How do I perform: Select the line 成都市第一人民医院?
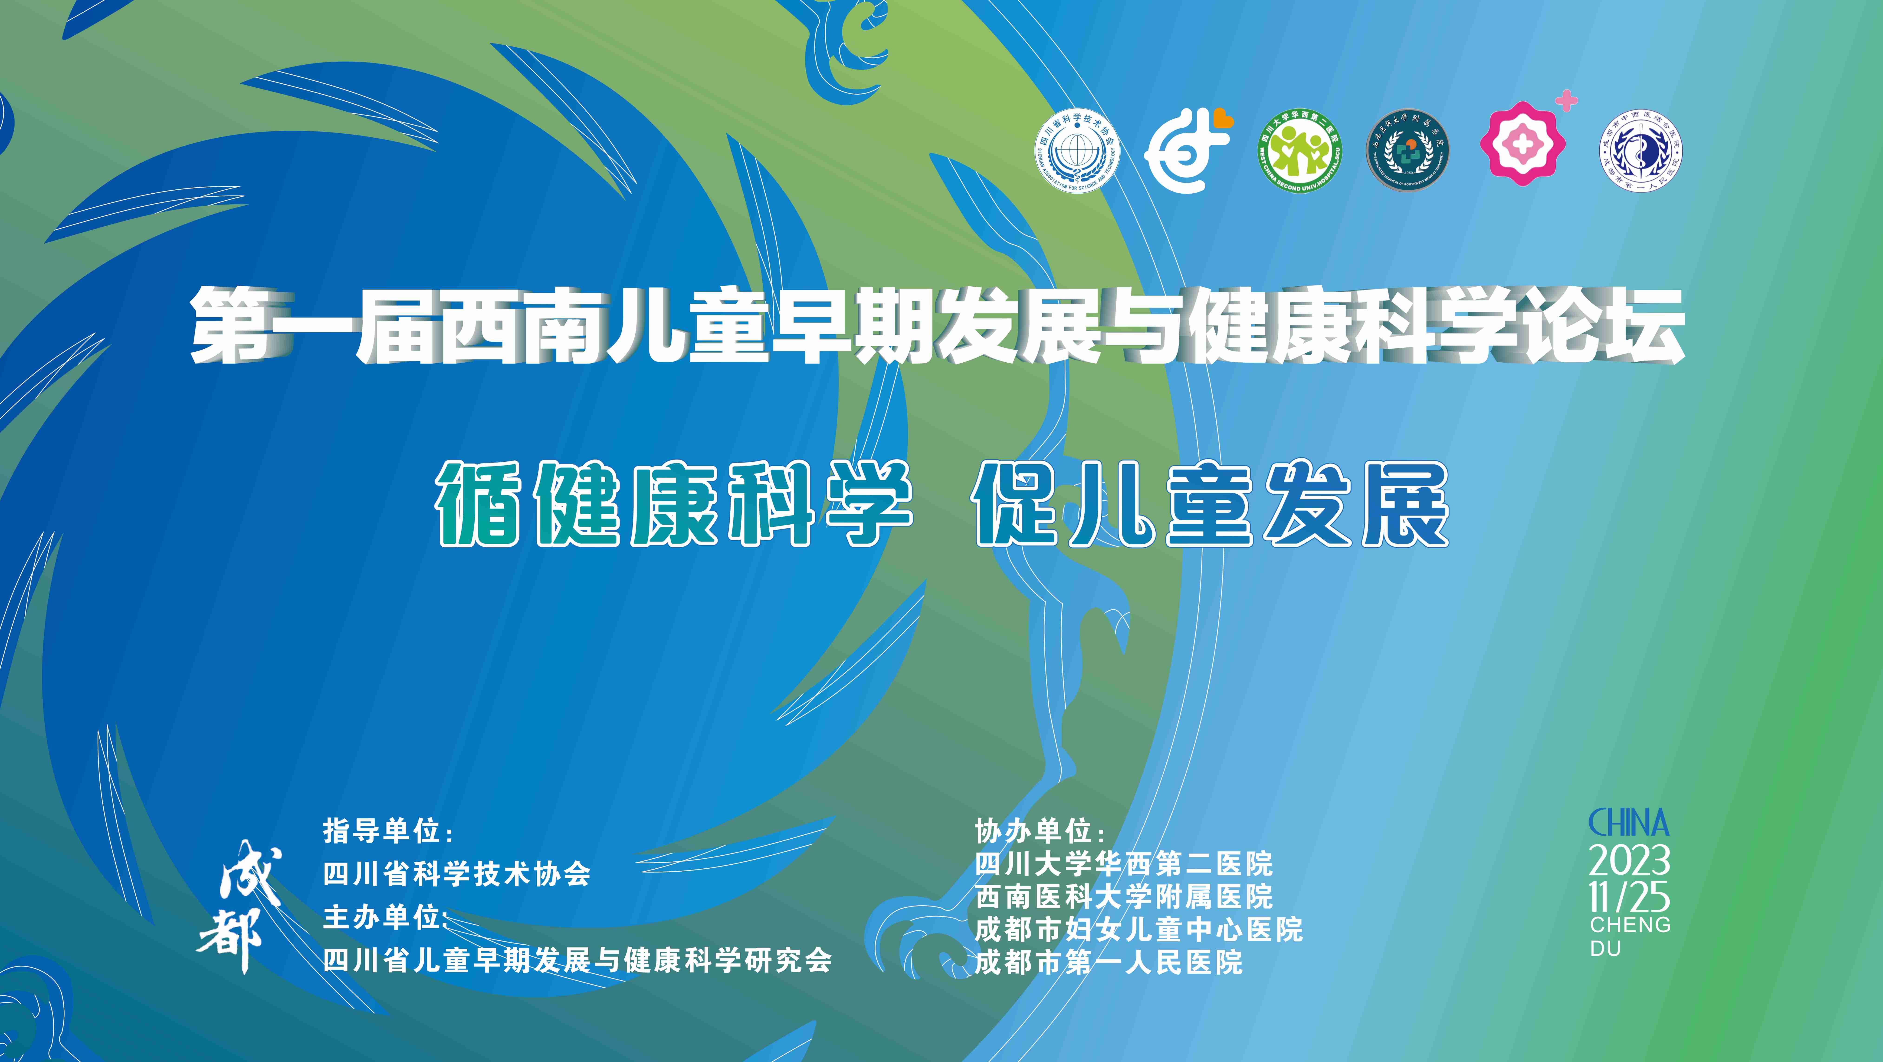coord(1109,963)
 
